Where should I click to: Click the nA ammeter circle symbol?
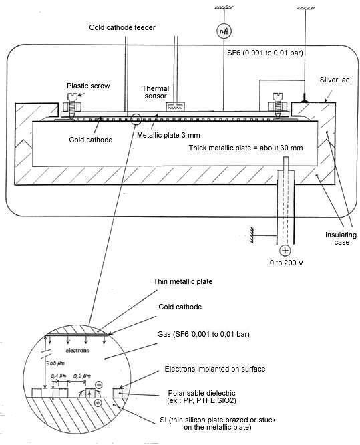[x=224, y=31]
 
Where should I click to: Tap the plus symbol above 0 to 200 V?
[x=285, y=251]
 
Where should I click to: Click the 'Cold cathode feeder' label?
[x=122, y=27]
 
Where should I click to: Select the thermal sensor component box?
[x=175, y=106]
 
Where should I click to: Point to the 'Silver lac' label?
[x=335, y=80]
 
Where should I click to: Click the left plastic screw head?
[x=72, y=96]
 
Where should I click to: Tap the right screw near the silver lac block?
[x=277, y=104]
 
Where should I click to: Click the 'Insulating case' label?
[x=341, y=239]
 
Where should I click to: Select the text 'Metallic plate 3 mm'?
[x=168, y=135]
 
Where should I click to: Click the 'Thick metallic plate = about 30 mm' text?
[x=246, y=148]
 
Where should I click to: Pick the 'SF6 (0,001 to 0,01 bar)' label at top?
[x=265, y=53]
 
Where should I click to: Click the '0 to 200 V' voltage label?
[x=287, y=263]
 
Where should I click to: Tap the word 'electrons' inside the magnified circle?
[x=77, y=351]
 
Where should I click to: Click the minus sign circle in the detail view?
[x=99, y=385]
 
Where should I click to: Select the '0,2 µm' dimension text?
[x=82, y=376]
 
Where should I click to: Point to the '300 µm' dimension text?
[x=55, y=363]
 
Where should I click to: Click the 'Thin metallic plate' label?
[x=183, y=281]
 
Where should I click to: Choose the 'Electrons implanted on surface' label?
[x=215, y=369]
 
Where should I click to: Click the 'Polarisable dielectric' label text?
[x=202, y=393]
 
